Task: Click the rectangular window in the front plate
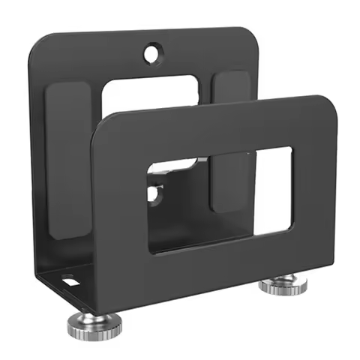click(217, 198)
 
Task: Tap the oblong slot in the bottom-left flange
click(70, 283)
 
